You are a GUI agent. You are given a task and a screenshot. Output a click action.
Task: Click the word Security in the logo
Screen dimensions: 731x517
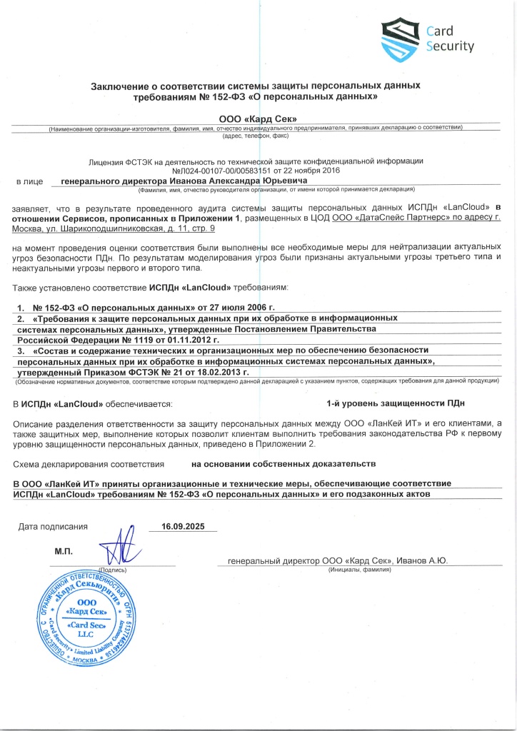coord(450,46)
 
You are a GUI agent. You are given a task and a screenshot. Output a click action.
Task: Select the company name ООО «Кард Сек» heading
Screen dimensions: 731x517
coord(256,117)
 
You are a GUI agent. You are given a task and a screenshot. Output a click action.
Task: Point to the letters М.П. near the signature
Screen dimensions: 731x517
coord(65,552)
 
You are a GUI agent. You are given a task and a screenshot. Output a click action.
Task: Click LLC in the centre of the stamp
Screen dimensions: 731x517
coord(86,633)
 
